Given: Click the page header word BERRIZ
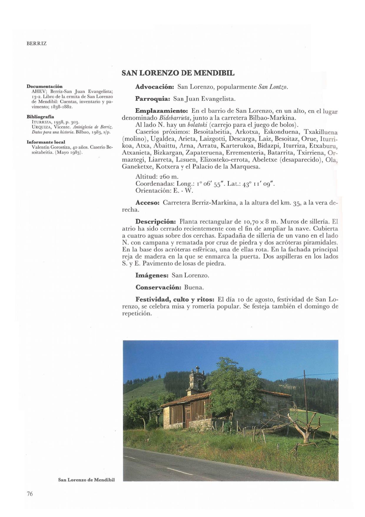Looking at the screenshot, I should tap(36, 44).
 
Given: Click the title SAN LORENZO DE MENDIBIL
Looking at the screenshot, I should tap(178, 73).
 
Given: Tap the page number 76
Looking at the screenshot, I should tap(30, 494).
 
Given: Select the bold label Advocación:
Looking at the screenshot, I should tap(155, 87).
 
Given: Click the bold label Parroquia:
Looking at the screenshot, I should tap(153, 99).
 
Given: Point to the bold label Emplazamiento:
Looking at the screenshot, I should tap(161, 111).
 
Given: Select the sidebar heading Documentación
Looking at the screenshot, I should tap(44, 86).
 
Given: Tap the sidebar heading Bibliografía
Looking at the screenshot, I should tap(40, 117).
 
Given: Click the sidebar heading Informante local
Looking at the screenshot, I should tap(46, 142).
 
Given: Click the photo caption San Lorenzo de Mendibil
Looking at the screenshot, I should tap(86, 480).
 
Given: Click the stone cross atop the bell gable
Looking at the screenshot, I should tap(198, 369).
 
